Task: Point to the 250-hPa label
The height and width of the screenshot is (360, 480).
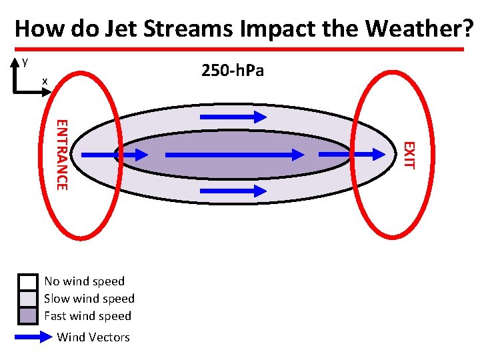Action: tap(232, 70)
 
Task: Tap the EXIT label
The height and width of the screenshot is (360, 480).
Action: tap(410, 155)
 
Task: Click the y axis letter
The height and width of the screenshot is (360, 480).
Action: tap(25, 61)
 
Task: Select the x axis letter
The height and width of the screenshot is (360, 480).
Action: tap(45, 81)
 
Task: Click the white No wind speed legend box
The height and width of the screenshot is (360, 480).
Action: tap(27, 281)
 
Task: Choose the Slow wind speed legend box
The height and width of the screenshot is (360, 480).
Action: tap(27, 299)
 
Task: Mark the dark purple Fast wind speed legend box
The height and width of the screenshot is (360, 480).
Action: tap(27, 315)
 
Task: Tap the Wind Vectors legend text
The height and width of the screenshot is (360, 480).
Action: tap(93, 337)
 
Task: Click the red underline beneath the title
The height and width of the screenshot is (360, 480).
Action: tap(240, 49)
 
